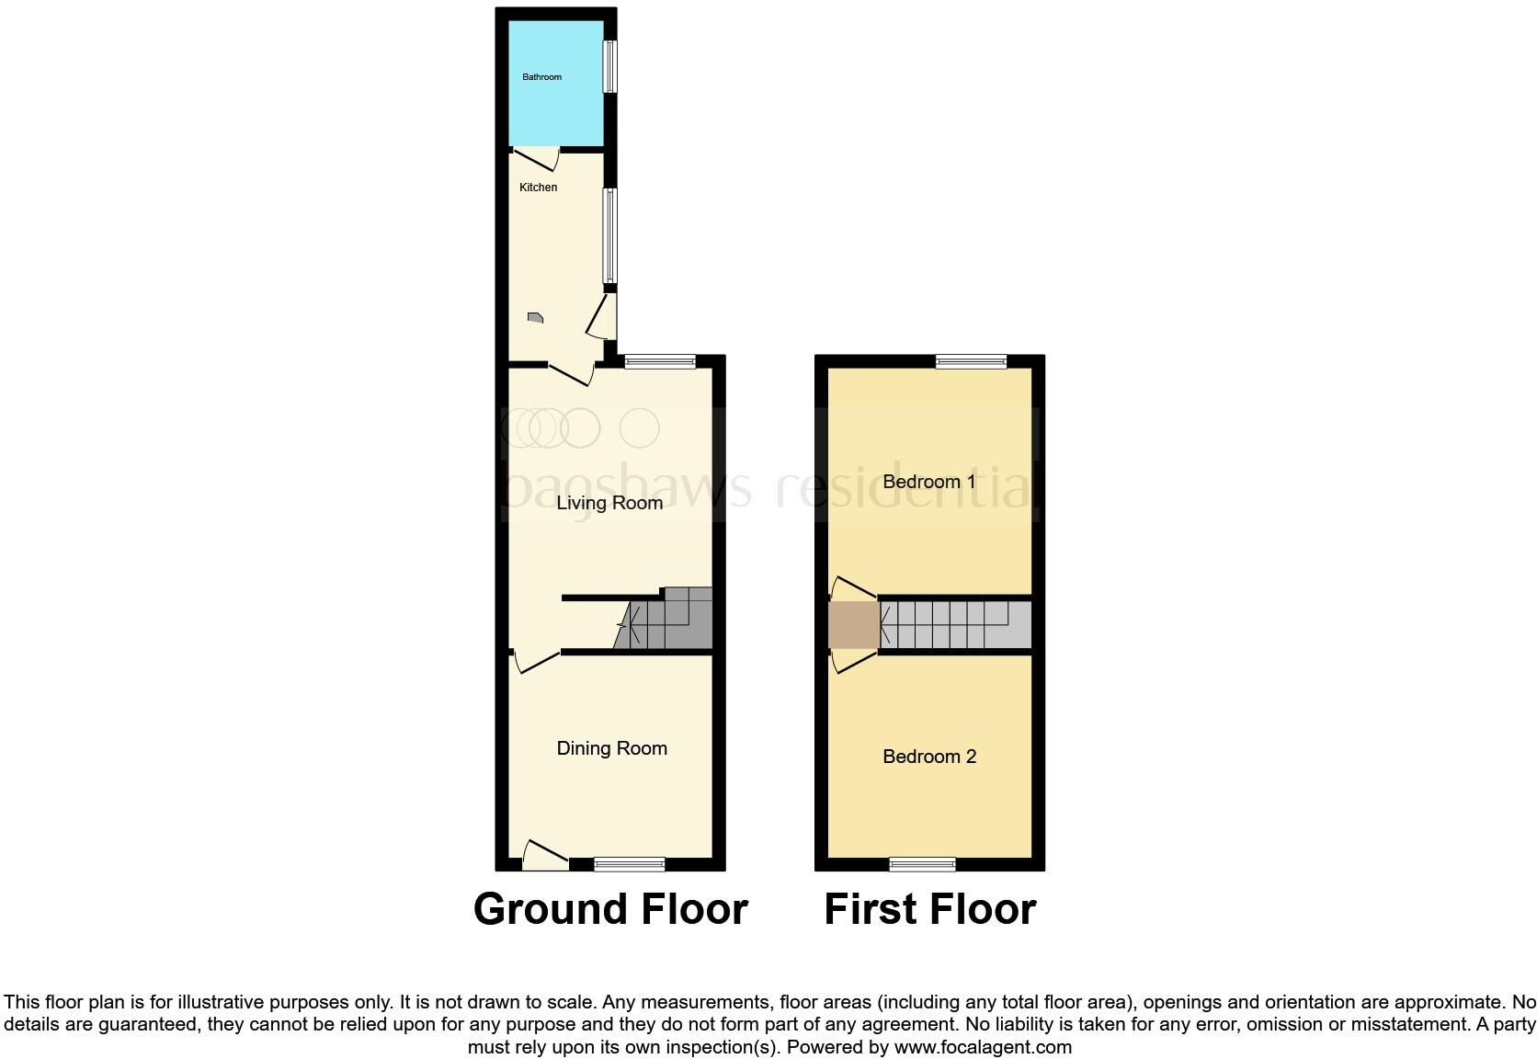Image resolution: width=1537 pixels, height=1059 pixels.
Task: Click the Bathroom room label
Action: (x=541, y=77)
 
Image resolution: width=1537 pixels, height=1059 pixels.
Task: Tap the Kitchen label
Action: (x=538, y=188)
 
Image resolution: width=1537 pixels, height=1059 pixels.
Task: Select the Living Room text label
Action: (x=609, y=503)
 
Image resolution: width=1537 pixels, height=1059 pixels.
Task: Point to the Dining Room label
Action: (x=611, y=748)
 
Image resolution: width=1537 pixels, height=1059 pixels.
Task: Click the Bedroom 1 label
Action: (x=928, y=482)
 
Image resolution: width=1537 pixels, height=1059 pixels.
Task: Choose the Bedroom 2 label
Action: (x=928, y=757)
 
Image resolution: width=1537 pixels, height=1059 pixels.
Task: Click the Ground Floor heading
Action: (x=610, y=909)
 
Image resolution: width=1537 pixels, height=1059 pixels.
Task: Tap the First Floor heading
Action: (x=929, y=909)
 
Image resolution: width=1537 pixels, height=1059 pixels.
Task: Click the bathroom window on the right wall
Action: (x=609, y=66)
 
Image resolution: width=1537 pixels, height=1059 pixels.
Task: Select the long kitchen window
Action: (x=609, y=236)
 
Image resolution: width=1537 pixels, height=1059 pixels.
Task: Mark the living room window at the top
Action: (x=659, y=362)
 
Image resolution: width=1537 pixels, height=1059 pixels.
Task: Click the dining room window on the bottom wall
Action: (x=629, y=864)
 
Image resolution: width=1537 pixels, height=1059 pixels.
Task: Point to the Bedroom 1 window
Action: (x=971, y=362)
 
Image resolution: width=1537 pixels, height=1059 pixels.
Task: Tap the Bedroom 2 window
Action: (x=922, y=864)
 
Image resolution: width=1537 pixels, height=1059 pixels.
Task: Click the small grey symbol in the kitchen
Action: (x=535, y=318)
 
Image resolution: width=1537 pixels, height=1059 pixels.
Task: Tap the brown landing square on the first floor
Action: (x=854, y=625)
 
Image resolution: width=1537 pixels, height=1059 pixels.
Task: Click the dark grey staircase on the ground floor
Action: (x=671, y=621)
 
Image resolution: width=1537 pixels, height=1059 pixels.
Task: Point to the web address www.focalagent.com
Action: (x=983, y=1047)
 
